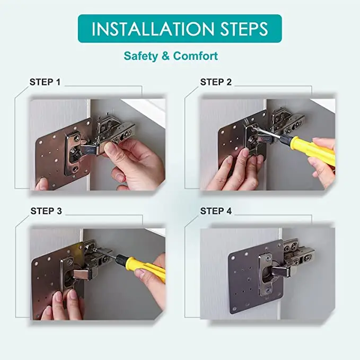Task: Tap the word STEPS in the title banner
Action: (244, 29)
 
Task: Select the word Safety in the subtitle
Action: (141, 56)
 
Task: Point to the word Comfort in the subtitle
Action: (196, 56)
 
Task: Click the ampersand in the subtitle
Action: (165, 56)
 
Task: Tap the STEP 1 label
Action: (45, 82)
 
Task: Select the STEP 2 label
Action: (216, 82)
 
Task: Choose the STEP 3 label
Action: (46, 211)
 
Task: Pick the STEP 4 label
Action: (216, 211)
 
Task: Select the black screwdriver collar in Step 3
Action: (121, 259)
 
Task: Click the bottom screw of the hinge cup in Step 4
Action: (268, 290)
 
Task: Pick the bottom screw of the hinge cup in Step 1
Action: (75, 170)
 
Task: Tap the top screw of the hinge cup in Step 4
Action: (267, 258)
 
